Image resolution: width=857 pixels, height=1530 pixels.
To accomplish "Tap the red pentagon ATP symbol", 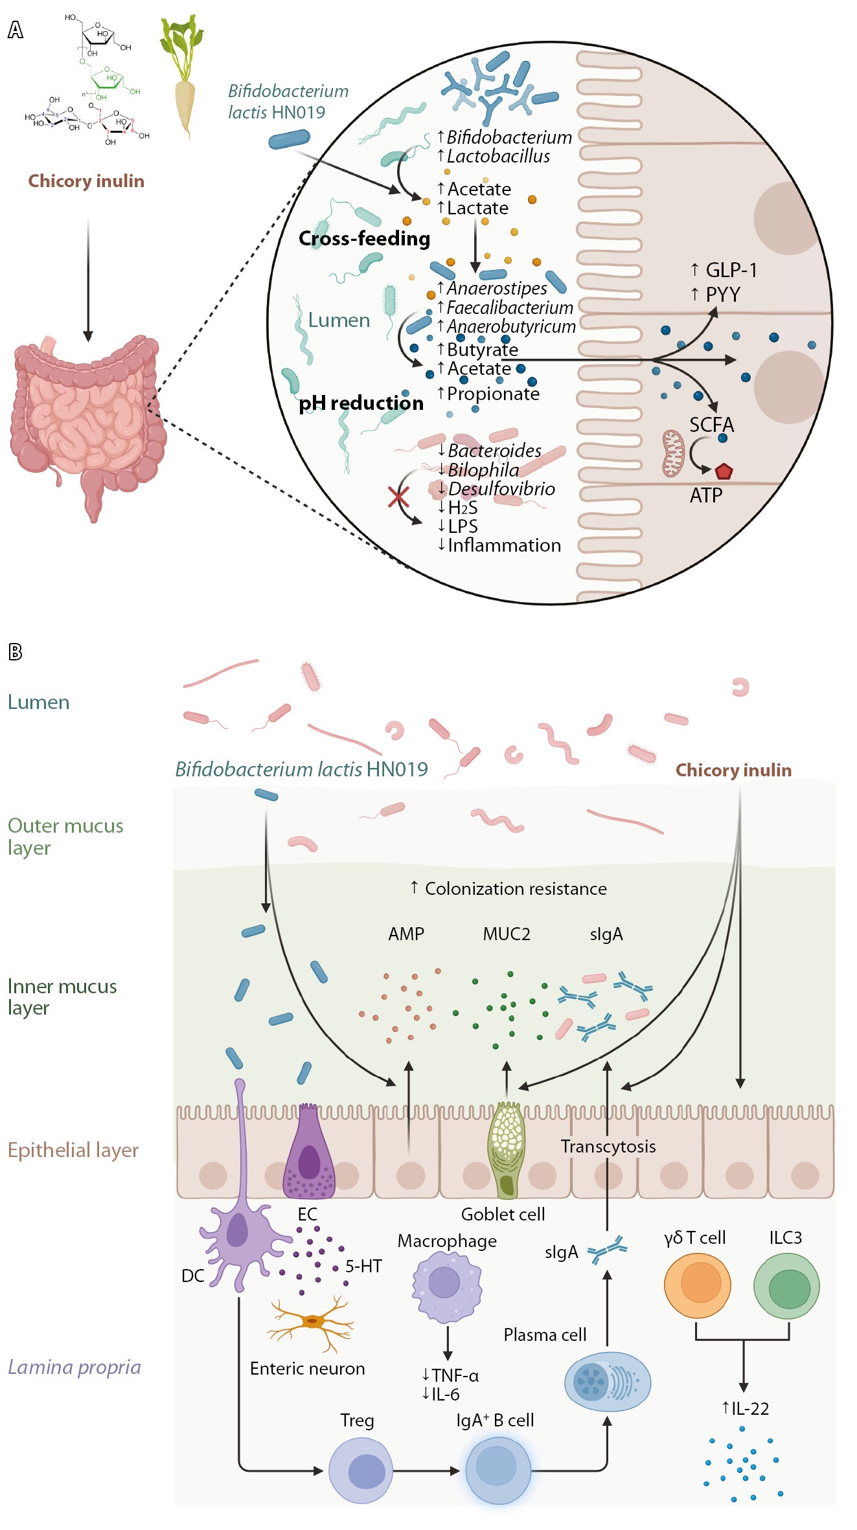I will (723, 471).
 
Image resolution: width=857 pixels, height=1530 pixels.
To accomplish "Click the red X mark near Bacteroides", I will (398, 497).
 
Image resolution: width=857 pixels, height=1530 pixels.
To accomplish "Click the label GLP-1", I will (730, 270).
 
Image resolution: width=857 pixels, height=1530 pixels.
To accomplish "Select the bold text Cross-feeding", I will (364, 239).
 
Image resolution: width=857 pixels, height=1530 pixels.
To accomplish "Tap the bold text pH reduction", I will (361, 403).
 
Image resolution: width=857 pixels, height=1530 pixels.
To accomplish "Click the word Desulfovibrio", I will (501, 489).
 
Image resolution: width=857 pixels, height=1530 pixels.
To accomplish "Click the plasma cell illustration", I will (607, 1382).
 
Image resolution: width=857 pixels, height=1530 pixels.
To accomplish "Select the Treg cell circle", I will (361, 1470).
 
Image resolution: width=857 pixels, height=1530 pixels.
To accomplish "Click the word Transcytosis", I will (608, 1147).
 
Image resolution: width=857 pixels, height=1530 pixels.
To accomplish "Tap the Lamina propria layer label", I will (74, 1367).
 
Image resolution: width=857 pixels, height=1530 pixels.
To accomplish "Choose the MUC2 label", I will (507, 934).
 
